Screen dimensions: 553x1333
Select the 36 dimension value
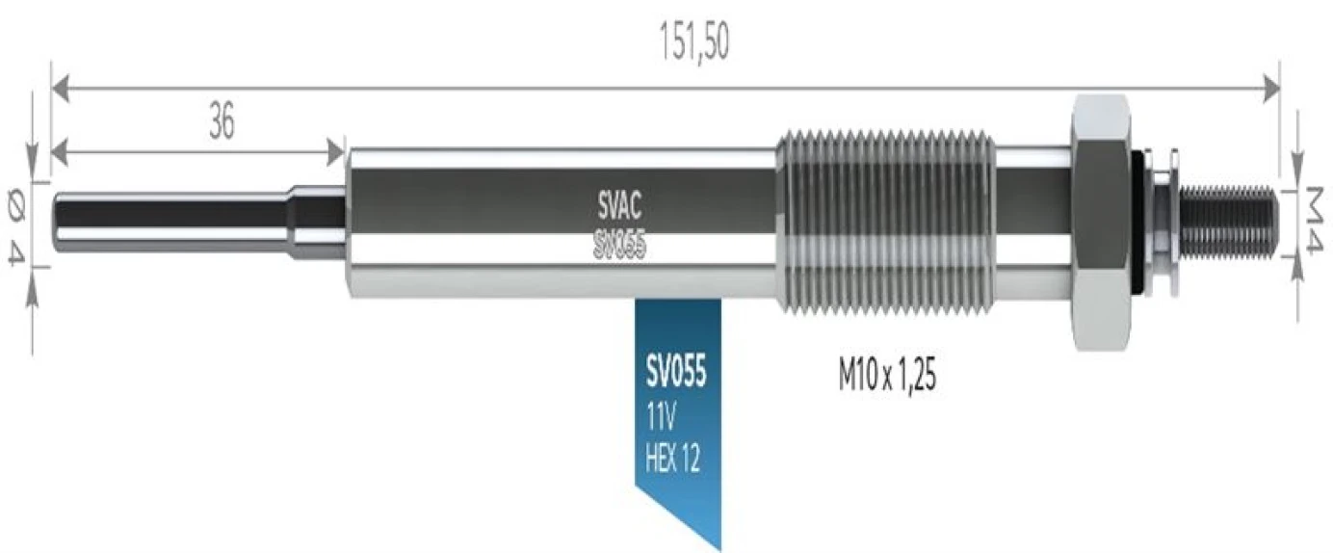coord(222,123)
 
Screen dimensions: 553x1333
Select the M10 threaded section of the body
coord(883,222)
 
